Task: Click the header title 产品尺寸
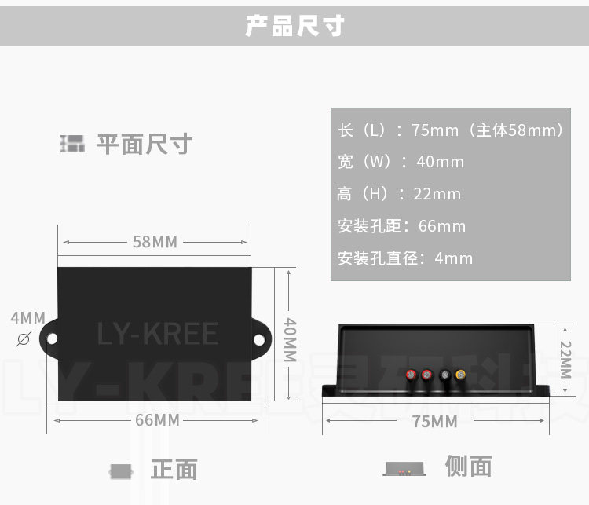point(294,26)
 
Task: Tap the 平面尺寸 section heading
point(144,145)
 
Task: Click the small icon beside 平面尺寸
point(72,144)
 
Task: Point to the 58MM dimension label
point(155,242)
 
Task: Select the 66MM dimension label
point(157,420)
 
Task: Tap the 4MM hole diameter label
point(27,318)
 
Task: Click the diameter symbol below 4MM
point(24,338)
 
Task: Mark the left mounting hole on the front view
point(52,338)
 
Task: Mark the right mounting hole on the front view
point(259,338)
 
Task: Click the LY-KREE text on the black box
point(157,335)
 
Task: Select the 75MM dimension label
point(434,422)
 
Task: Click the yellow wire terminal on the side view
point(460,375)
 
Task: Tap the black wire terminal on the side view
point(444,375)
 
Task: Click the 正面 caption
point(174,470)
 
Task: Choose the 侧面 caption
point(468,467)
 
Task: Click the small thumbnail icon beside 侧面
point(404,469)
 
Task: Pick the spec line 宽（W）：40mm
point(401,162)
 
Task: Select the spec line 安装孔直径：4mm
point(405,258)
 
